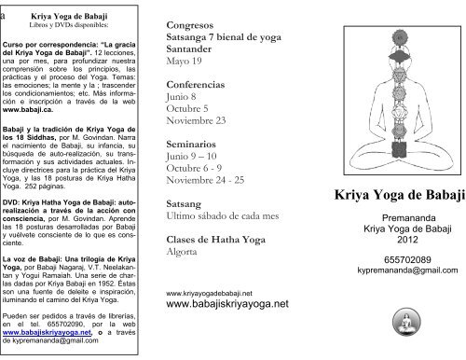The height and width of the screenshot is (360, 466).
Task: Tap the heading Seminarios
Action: tap(193, 146)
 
